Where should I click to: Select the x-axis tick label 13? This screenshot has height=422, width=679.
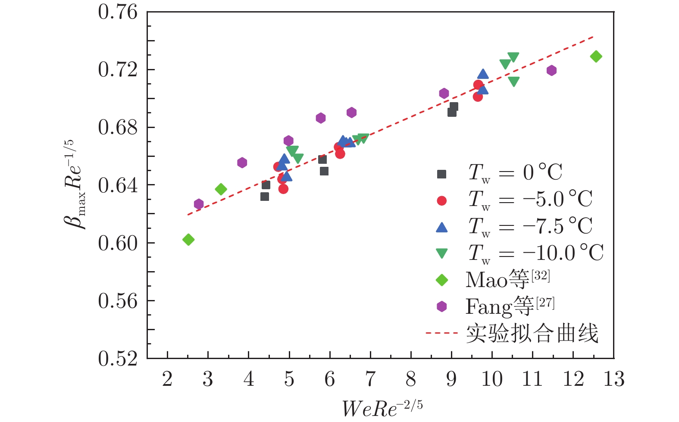pyautogui.click(x=613, y=379)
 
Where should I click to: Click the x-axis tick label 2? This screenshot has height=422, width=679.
pyautogui.click(x=167, y=379)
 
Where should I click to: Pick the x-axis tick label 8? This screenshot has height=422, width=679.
pyautogui.click(x=411, y=379)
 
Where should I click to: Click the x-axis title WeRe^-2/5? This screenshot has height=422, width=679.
pyautogui.click(x=382, y=407)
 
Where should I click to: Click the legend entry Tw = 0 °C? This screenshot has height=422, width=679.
pyautogui.click(x=515, y=173)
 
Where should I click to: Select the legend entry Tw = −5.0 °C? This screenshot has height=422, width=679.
pyautogui.click(x=530, y=200)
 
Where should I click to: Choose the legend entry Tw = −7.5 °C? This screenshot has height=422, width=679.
pyautogui.click(x=530, y=226)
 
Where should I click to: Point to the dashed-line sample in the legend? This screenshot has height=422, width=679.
pyautogui.click(x=441, y=333)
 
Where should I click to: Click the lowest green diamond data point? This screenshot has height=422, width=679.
pyautogui.click(x=188, y=240)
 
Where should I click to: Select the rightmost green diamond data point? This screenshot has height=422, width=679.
pyautogui.click(x=596, y=56)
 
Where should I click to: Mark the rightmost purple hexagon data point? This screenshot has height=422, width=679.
pyautogui.click(x=551, y=71)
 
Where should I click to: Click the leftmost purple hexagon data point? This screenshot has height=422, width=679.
pyautogui.click(x=199, y=204)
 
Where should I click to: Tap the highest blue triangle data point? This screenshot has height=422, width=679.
pyautogui.click(x=483, y=74)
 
